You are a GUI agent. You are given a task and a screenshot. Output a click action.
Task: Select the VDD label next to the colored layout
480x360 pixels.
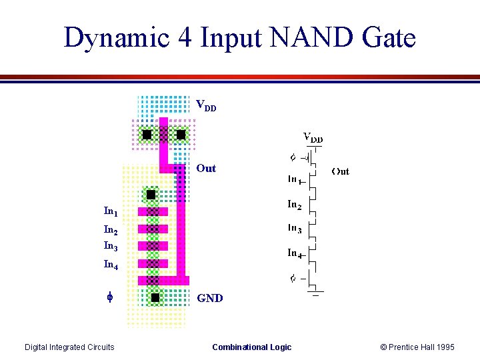point(205,105)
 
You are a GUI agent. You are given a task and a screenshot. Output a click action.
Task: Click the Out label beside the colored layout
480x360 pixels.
point(206,168)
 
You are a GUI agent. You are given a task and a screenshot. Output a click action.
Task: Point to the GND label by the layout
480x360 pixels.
point(210,298)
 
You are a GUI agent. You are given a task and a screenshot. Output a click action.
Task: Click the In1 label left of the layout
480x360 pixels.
point(111,211)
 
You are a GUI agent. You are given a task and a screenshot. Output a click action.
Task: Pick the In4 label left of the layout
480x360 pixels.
point(111,265)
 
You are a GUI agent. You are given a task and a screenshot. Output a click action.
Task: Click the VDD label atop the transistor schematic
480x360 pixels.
point(313,138)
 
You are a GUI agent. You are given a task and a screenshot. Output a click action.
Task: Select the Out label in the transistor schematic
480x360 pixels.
point(340,171)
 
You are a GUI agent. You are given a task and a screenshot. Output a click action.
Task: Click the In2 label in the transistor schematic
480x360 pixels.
point(294,205)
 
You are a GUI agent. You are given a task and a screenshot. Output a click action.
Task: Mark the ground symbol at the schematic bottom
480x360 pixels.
point(315,292)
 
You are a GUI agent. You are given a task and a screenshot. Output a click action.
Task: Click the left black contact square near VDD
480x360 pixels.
point(147,135)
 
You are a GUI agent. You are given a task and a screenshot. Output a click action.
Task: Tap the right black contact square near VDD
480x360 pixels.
point(181,135)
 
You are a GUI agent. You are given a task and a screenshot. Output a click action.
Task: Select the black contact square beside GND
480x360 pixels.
point(155,297)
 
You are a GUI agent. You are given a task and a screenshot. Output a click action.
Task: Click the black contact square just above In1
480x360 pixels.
point(151,195)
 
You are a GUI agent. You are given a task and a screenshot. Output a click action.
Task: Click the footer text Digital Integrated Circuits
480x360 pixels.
point(69,347)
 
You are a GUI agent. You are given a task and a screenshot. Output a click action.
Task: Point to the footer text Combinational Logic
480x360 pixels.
point(251,347)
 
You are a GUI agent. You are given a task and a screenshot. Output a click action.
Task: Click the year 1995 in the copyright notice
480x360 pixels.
point(443,347)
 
